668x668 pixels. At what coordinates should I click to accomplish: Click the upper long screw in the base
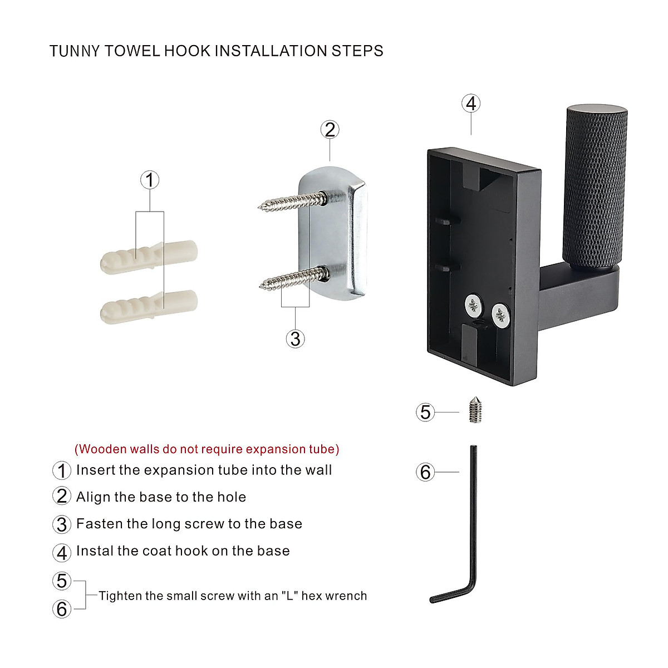[x=289, y=200]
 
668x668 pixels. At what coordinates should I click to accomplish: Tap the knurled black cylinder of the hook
[x=595, y=184]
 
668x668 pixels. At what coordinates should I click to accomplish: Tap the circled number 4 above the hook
[x=471, y=104]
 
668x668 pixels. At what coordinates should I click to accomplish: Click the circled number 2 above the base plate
[x=330, y=130]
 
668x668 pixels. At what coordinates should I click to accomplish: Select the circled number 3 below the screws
[x=296, y=338]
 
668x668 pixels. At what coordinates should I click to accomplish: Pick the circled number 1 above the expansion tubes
[x=149, y=180]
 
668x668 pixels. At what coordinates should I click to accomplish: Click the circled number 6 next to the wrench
[x=425, y=472]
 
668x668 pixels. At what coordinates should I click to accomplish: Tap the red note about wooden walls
[x=207, y=449]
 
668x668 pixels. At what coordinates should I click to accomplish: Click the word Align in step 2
[x=93, y=497]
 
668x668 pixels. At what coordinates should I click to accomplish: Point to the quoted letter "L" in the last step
[x=289, y=596]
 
